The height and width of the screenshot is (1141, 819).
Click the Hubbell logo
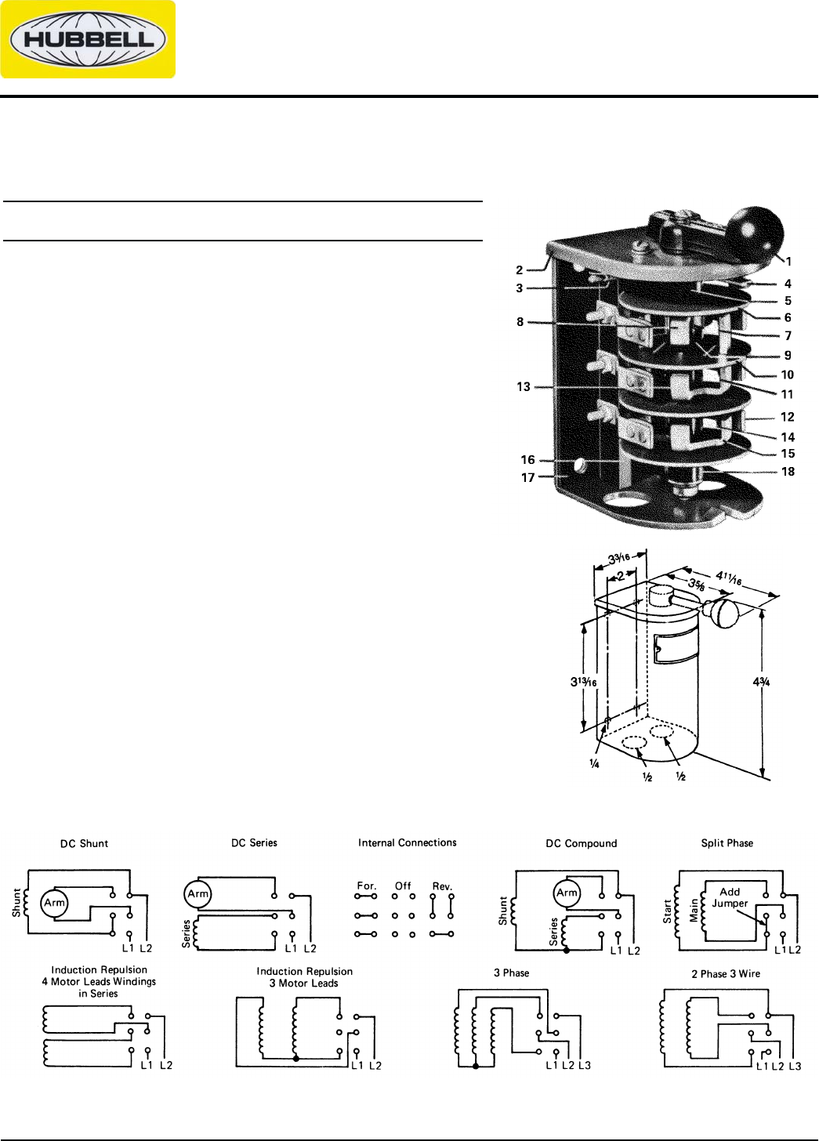coord(88,40)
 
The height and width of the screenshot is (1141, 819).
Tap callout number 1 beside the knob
coord(789,263)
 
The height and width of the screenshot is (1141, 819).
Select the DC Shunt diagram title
coord(84,844)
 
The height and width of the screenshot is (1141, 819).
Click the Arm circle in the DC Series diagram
coord(197,892)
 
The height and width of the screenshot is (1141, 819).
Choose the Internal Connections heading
coord(407,842)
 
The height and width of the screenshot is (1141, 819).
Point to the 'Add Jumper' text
coord(730,897)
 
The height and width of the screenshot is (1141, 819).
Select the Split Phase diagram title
coord(727,843)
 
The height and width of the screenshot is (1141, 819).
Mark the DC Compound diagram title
coord(581,844)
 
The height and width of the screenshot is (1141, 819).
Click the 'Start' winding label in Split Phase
coord(666,909)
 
